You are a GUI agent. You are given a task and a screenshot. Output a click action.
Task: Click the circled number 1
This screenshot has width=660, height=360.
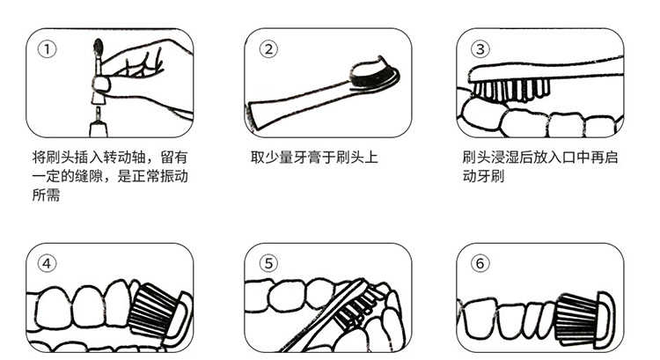click(47, 49)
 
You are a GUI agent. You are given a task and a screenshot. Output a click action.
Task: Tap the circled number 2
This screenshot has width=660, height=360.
click(268, 49)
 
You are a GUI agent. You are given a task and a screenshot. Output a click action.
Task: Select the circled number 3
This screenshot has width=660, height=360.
click(480, 49)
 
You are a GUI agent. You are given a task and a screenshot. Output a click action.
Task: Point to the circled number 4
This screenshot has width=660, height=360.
click(47, 263)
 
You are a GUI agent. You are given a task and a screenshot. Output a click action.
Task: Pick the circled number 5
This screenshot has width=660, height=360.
click(268, 263)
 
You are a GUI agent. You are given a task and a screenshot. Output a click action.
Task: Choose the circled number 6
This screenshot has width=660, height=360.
click(480, 263)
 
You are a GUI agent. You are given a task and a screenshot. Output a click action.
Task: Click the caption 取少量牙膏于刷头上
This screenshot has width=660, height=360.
click(314, 158)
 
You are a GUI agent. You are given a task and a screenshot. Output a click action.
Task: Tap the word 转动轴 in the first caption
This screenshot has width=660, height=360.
click(125, 158)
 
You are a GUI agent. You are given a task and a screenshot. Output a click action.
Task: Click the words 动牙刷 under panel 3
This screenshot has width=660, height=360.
click(483, 176)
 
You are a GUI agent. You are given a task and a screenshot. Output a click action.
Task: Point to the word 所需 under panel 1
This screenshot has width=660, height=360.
click(47, 195)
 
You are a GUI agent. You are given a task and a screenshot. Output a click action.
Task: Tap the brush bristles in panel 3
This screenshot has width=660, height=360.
click(511, 90)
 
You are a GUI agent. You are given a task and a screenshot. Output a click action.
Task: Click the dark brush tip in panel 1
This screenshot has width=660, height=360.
click(99, 47)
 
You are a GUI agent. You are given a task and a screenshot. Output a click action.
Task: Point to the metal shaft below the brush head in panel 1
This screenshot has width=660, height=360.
click(98, 114)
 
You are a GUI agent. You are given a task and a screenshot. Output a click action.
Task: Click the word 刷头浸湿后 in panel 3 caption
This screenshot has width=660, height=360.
click(497, 158)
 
